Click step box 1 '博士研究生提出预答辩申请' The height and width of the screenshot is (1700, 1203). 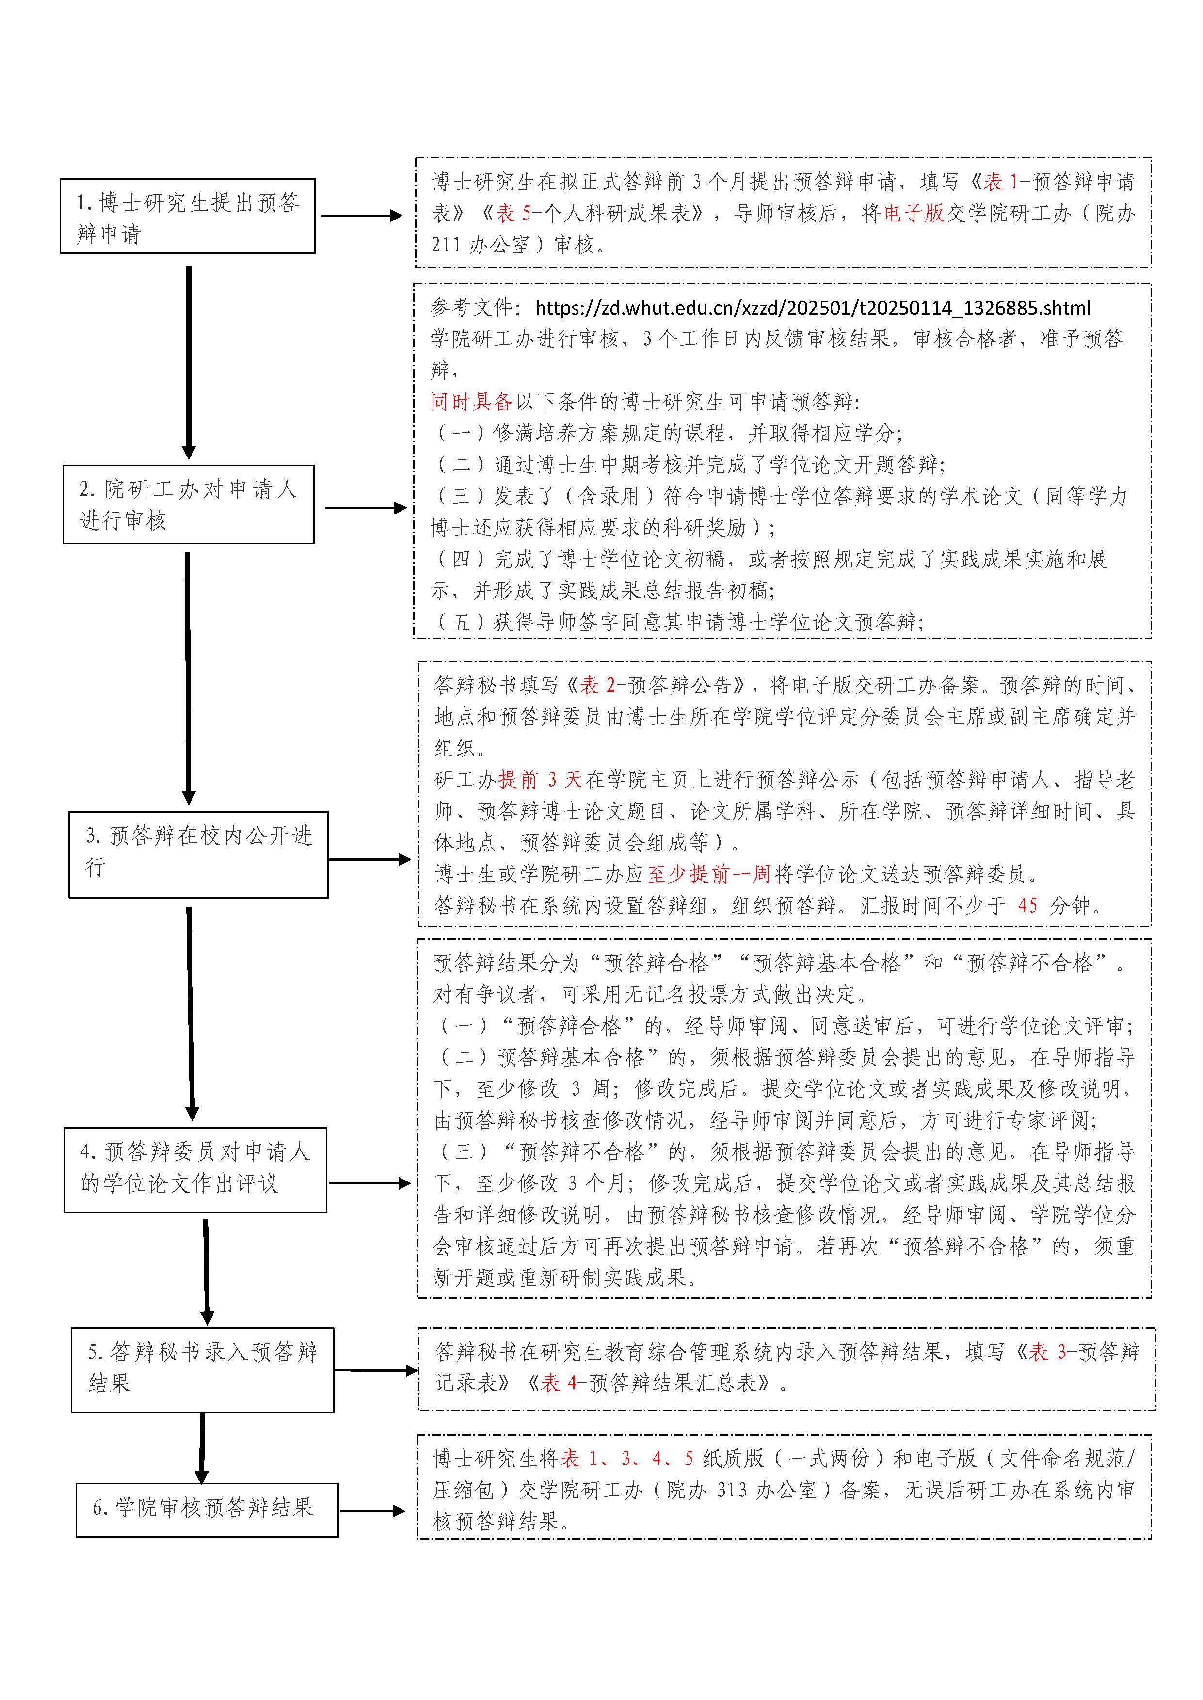(x=188, y=216)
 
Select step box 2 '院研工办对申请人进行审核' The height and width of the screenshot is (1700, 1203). (x=188, y=504)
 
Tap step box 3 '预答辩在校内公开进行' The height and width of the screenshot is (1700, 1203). (x=198, y=854)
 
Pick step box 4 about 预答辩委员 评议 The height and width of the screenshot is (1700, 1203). (x=195, y=1170)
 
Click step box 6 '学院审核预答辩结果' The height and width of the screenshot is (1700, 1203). (x=207, y=1510)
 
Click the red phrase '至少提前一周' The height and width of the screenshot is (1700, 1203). (x=709, y=874)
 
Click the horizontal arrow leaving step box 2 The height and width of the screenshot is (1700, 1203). (x=365, y=508)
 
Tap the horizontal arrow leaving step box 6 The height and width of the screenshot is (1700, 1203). (x=372, y=1511)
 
